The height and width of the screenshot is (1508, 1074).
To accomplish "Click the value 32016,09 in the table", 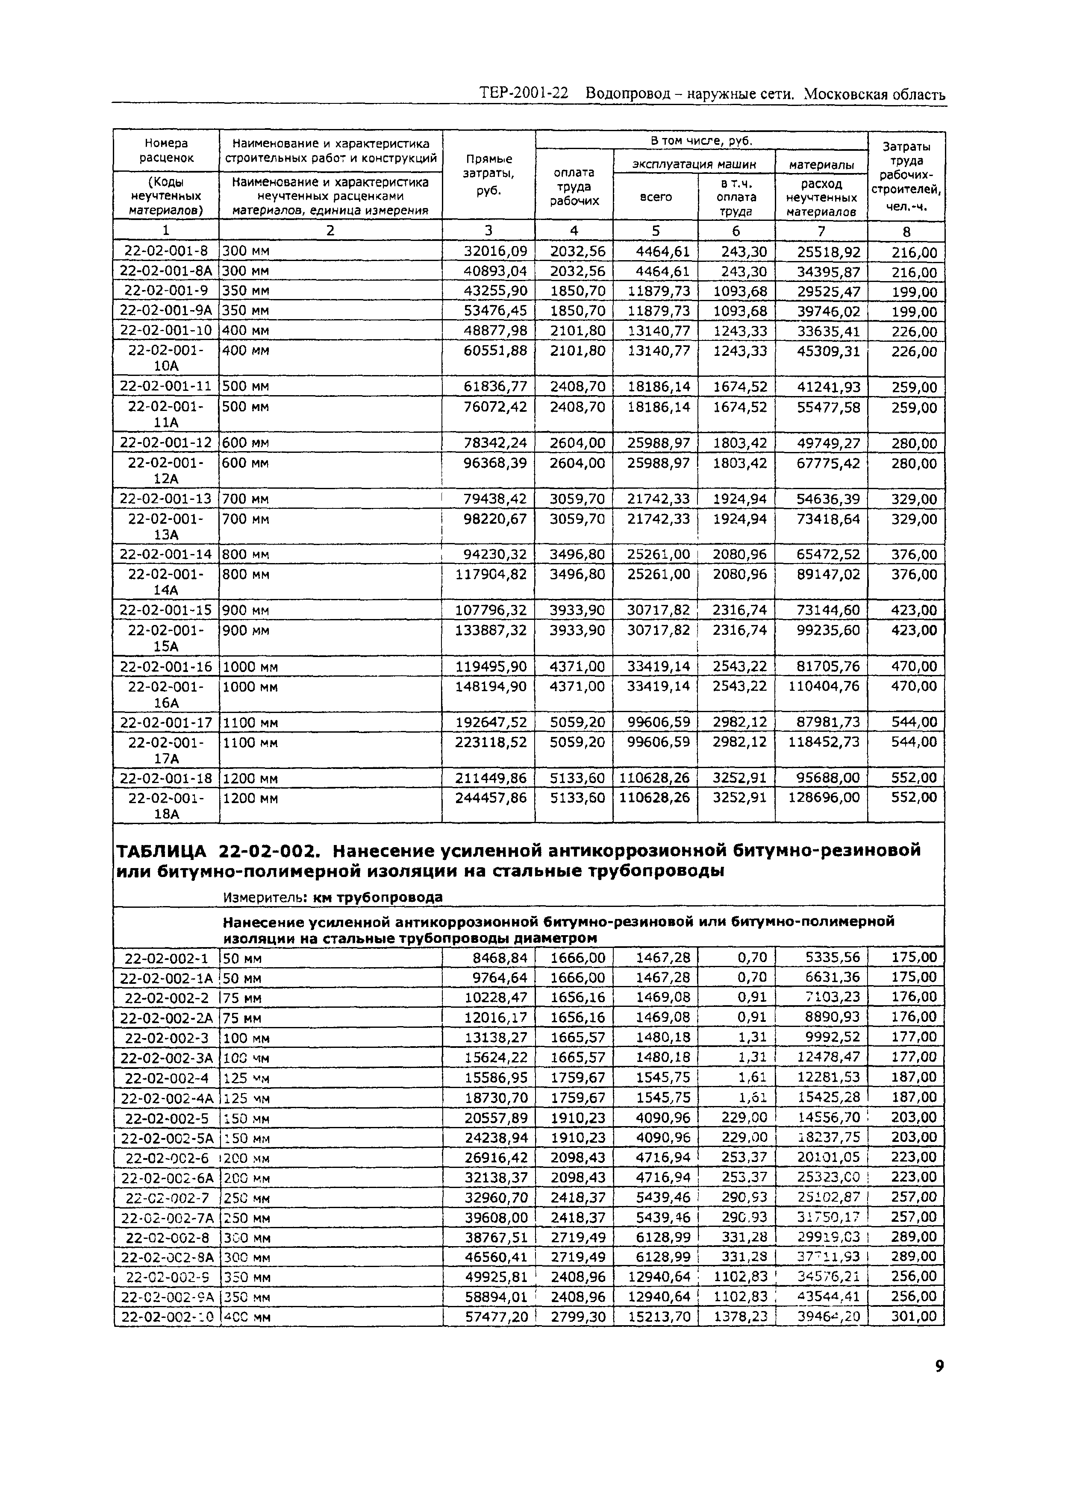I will click(491, 251).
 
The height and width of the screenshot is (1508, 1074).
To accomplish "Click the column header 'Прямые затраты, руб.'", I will click(489, 175).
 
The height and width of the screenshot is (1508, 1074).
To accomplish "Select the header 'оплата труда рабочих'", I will click(574, 186).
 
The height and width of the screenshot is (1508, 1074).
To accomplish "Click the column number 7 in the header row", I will click(821, 231).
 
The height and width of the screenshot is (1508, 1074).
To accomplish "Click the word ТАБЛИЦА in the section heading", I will click(162, 850).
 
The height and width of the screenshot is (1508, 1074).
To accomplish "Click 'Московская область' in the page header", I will click(874, 94).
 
